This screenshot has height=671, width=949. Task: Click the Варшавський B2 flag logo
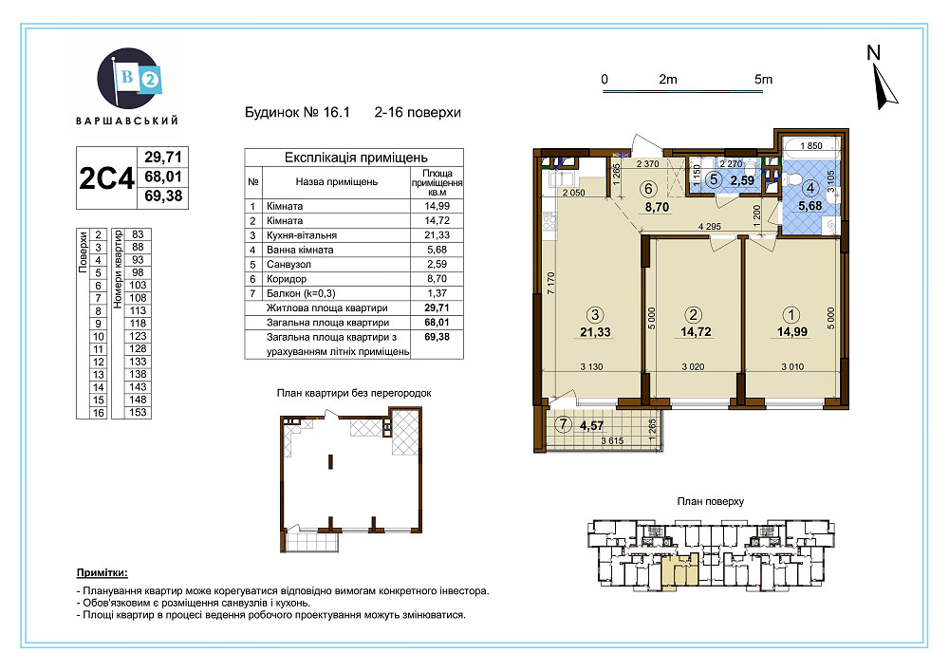[x=129, y=79]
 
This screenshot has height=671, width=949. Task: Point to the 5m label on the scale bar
[x=763, y=80]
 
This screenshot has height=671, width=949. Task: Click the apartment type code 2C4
[x=106, y=177]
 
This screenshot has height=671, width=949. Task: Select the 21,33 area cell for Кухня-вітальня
[x=437, y=234]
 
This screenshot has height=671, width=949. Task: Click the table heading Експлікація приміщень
[x=356, y=158]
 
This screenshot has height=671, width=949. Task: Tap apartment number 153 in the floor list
[x=138, y=412]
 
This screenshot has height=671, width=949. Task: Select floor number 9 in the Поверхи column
[x=98, y=324]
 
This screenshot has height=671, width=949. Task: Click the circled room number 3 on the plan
[x=595, y=315]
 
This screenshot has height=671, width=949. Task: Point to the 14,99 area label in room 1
[x=792, y=331]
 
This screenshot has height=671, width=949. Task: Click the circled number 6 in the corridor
[x=648, y=190]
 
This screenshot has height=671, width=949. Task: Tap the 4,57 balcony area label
[x=591, y=426]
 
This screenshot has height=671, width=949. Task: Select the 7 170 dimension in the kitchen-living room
[x=550, y=284]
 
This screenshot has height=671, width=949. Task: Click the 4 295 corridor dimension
[x=709, y=227]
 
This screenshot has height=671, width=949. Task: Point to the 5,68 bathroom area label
[x=810, y=206]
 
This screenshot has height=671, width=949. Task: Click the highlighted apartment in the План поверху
[x=679, y=571]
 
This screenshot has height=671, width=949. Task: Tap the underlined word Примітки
[x=102, y=573]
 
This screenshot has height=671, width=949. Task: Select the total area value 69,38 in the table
[x=437, y=337]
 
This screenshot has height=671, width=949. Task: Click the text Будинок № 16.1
[x=297, y=113]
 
